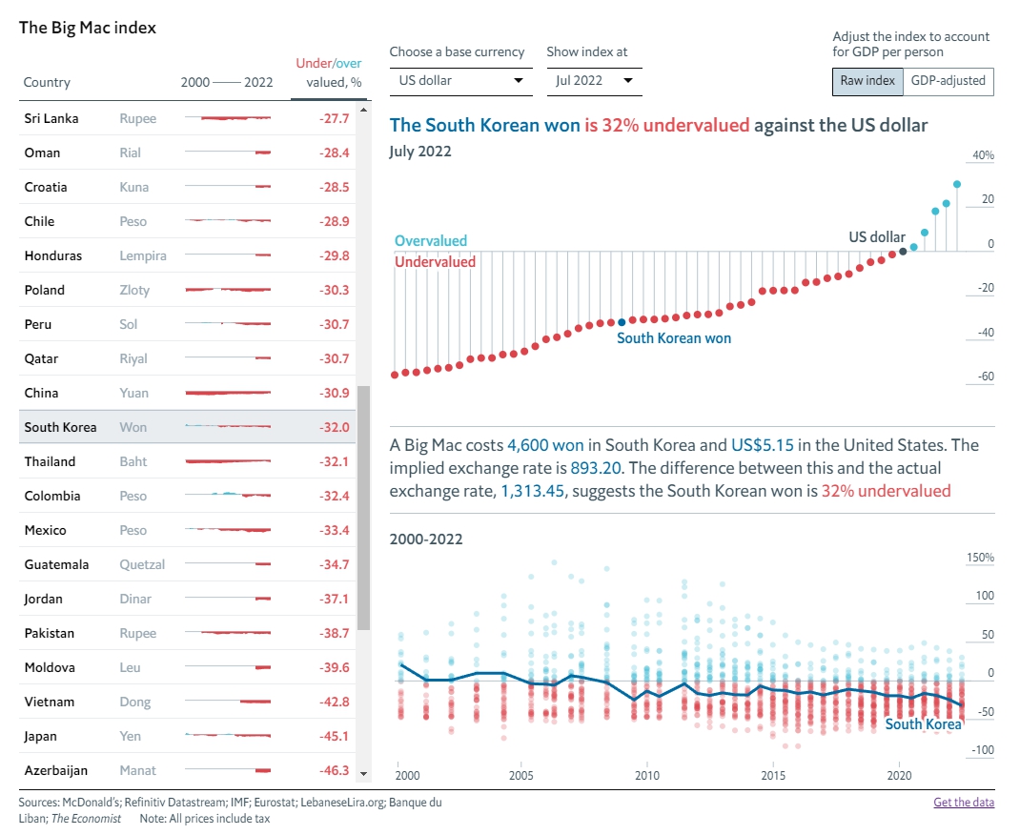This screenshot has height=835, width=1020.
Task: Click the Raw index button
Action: point(867,81)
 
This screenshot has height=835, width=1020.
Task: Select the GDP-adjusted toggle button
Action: point(948,81)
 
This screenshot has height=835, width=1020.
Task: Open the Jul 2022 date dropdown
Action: point(594,81)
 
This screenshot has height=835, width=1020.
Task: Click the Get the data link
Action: point(964,802)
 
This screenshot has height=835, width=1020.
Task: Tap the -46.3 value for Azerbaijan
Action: point(334,770)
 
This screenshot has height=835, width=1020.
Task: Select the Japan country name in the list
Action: point(41,736)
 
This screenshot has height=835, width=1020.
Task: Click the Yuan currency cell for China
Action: point(134,393)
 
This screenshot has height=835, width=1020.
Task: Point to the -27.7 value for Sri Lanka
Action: point(334,118)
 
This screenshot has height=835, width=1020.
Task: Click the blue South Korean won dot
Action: point(622,322)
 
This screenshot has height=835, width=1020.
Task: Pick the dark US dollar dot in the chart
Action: point(903,252)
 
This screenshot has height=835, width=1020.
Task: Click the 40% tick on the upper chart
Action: point(983,155)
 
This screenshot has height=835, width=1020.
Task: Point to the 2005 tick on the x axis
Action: point(520,775)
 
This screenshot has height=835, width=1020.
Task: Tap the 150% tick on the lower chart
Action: point(980,558)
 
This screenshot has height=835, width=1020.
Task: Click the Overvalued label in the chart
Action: point(431,241)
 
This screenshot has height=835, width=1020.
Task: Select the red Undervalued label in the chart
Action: point(435,261)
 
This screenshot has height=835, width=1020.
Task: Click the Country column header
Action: point(47,83)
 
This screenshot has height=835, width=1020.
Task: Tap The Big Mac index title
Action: point(88,28)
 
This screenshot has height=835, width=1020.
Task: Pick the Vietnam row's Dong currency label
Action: point(135,702)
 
